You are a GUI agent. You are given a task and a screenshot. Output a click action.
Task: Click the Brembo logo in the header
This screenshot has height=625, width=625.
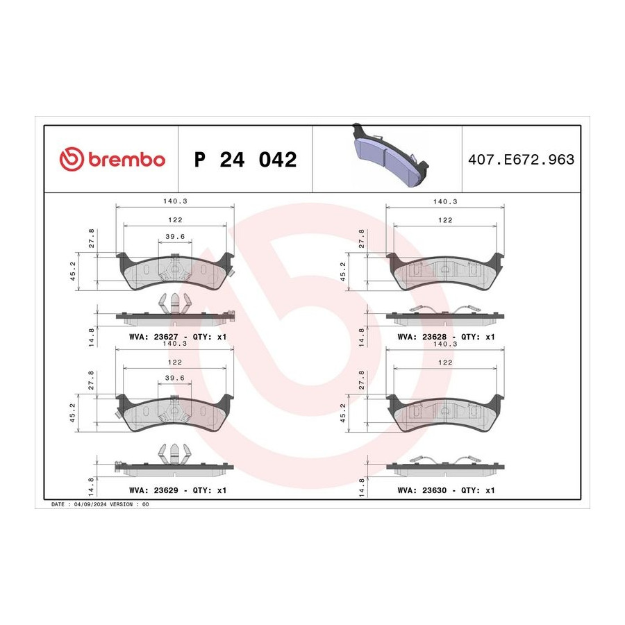tap(112, 159)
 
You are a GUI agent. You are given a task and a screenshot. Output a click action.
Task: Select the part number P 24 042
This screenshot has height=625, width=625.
tap(245, 160)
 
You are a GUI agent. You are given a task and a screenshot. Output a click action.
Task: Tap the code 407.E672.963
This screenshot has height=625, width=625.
tap(521, 160)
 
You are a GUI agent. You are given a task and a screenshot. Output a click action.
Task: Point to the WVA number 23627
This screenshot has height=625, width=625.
tap(166, 337)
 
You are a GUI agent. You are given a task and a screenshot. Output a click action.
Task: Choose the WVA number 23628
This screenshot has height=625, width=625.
tap(434, 337)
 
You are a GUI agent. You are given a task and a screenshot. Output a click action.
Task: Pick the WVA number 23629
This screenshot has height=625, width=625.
tap(166, 490)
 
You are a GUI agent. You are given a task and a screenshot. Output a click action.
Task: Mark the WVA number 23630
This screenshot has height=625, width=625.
tap(434, 490)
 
